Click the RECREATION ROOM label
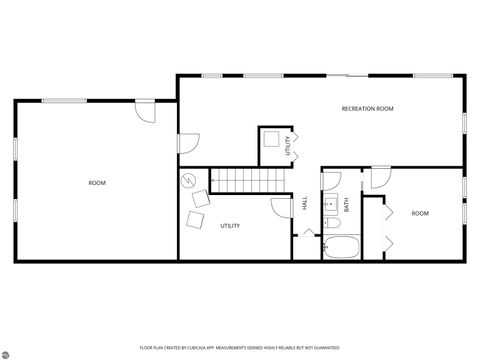[x=368, y=108]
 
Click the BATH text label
[x=347, y=204]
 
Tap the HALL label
[x=305, y=203]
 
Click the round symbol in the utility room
[x=189, y=182]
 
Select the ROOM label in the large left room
[x=97, y=183]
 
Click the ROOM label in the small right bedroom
[x=420, y=213]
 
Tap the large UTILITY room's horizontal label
[x=230, y=226]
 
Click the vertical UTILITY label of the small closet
[x=288, y=147]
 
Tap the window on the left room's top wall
[x=62, y=98]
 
